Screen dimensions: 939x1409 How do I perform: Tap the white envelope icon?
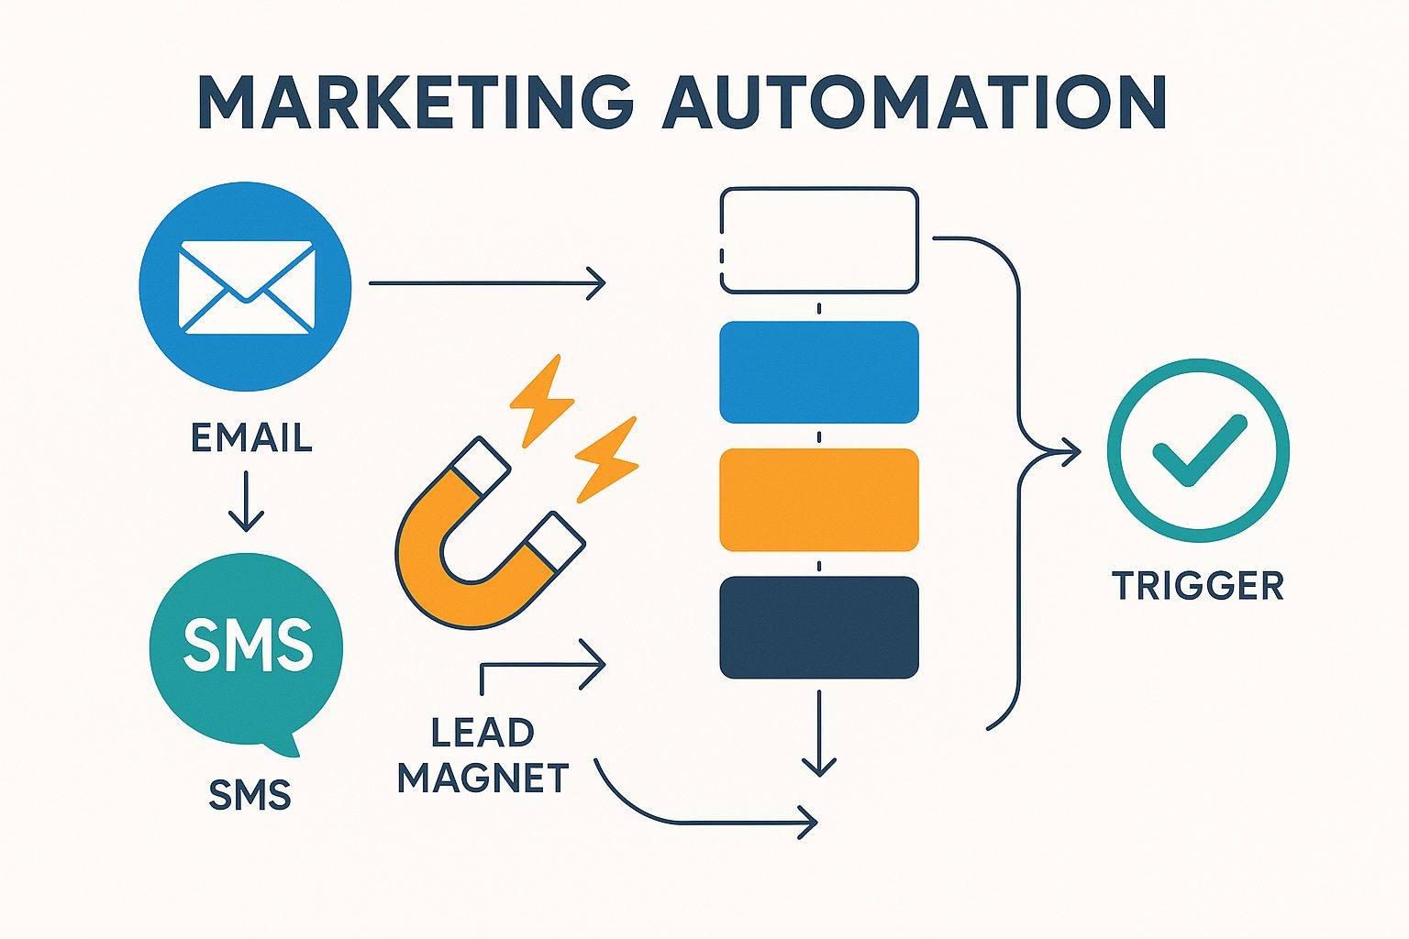click(246, 286)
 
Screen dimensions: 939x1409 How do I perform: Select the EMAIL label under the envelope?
click(251, 438)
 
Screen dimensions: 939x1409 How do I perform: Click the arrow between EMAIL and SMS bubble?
click(246, 502)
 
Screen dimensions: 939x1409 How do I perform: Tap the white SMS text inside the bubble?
click(248, 644)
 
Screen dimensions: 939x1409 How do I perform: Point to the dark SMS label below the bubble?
click(250, 795)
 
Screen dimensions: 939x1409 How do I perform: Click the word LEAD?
click(483, 733)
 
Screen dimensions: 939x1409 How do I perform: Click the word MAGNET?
click(483, 779)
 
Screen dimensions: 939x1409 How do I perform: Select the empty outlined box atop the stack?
click(818, 240)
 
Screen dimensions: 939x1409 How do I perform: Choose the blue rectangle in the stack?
click(818, 372)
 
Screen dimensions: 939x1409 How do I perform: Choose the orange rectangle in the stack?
click(818, 500)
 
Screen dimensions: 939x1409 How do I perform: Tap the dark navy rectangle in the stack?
click(818, 627)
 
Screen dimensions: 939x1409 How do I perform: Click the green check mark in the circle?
click(1199, 449)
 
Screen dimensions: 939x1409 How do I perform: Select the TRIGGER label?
click(1198, 586)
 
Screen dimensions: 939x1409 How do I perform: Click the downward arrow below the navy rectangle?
click(818, 734)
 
